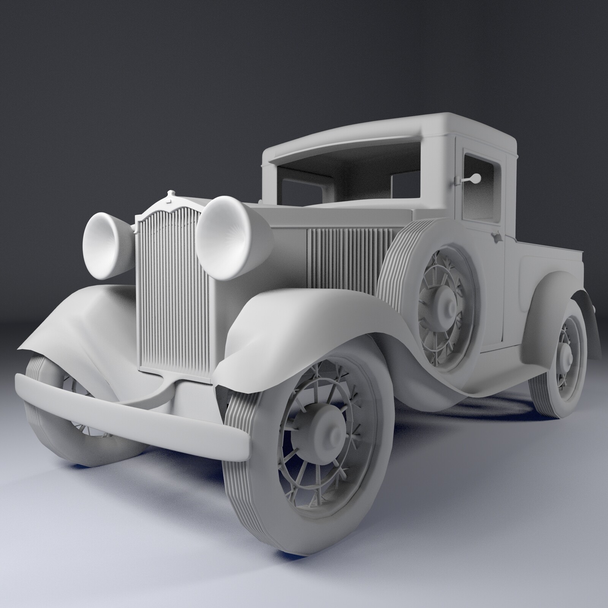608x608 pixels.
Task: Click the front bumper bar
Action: [129, 414]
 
